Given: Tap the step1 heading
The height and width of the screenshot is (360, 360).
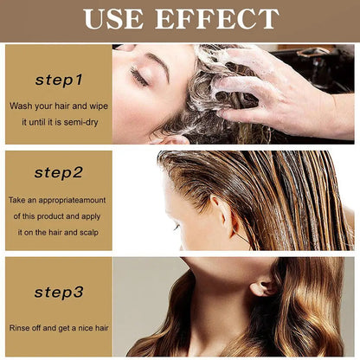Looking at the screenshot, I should tap(59, 80).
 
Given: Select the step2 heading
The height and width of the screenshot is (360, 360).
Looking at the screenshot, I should tap(59, 173).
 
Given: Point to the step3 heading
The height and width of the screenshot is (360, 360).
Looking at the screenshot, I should tap(59, 292).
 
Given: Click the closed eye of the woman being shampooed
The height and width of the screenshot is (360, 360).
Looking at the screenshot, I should tap(138, 78).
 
